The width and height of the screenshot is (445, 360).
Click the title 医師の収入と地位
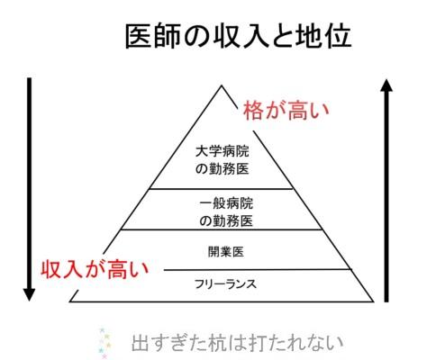[x=238, y=37]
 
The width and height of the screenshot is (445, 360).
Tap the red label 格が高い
[x=286, y=111]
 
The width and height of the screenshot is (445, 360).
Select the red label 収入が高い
[x=95, y=269]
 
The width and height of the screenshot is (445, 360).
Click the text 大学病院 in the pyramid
[x=222, y=151]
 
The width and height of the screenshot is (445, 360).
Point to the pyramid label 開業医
[x=226, y=252]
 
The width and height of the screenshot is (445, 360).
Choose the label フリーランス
[x=225, y=283]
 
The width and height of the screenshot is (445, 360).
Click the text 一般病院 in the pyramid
[x=226, y=203]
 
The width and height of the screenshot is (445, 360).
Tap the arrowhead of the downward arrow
[x=29, y=294]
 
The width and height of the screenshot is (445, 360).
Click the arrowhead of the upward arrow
[x=386, y=85]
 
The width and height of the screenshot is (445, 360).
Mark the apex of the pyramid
[x=222, y=85]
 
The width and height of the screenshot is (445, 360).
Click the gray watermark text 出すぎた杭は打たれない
[x=237, y=344]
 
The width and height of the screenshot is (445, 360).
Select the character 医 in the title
[x=138, y=37]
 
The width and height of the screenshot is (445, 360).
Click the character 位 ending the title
[x=339, y=37]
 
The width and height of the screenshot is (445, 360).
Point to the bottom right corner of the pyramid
[x=373, y=301]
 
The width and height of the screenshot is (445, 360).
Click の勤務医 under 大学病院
[x=222, y=169]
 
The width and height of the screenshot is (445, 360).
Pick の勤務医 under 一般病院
[x=226, y=221]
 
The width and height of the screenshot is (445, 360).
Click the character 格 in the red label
[x=253, y=111]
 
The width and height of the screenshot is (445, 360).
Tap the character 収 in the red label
[x=51, y=269]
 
